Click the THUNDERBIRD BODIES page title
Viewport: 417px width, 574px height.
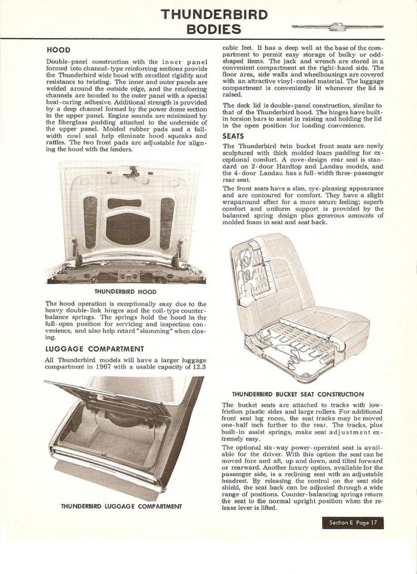214,22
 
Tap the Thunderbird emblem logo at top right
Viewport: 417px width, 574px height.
337,27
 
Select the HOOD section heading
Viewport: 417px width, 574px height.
58,49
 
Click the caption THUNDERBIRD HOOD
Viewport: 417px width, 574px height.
125,291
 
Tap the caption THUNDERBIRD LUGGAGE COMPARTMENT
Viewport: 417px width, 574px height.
121,506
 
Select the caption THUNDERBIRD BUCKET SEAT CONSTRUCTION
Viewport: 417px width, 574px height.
298,394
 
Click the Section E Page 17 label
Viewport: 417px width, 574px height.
353,523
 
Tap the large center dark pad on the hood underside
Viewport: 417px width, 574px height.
128,228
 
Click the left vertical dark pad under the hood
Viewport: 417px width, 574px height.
90,222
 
